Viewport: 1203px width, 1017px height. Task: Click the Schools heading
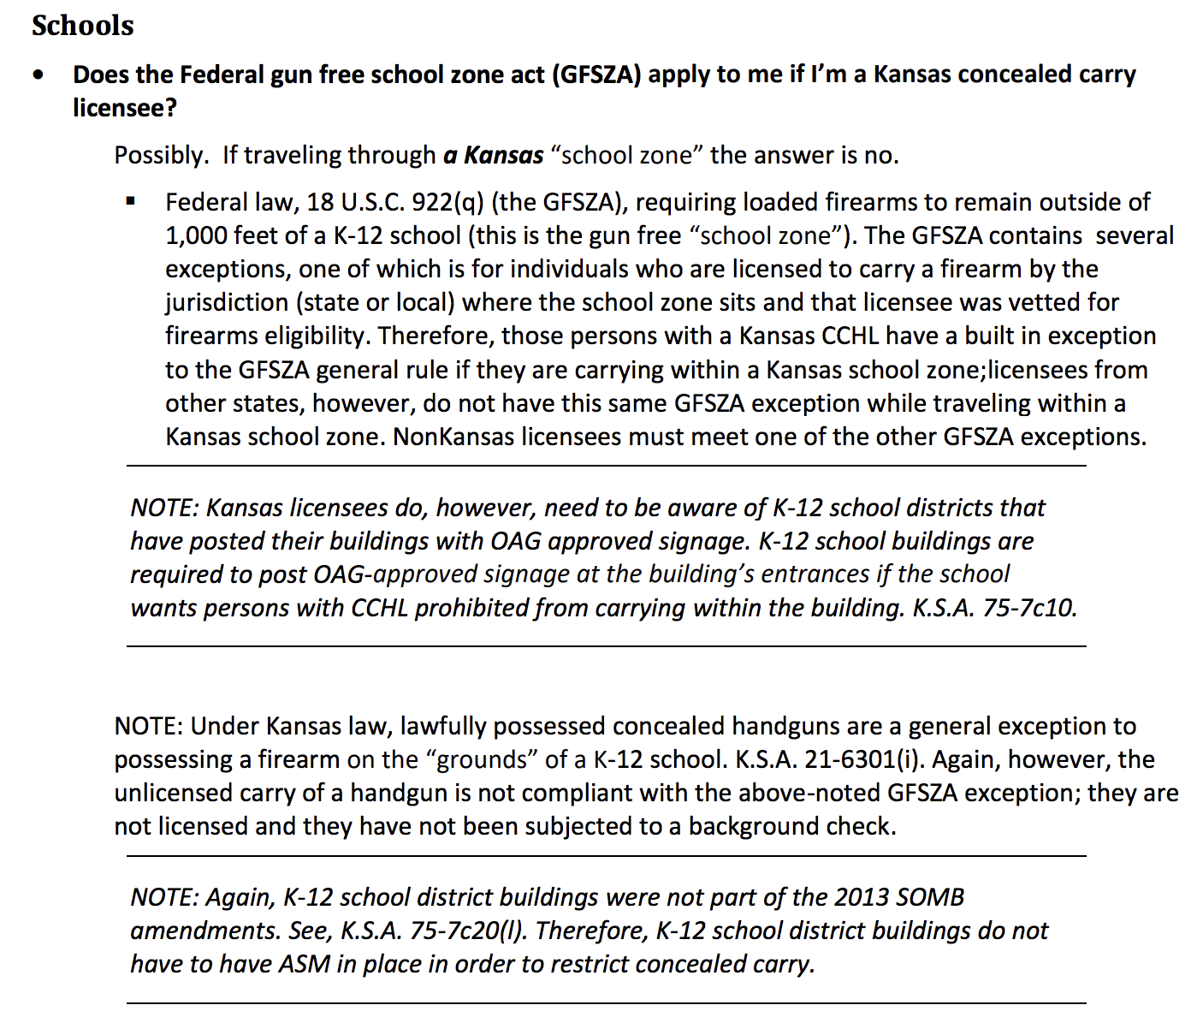point(82,26)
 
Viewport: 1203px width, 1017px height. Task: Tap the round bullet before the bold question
point(39,75)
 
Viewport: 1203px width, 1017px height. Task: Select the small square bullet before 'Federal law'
point(131,203)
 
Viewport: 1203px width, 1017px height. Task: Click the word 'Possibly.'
point(161,156)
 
